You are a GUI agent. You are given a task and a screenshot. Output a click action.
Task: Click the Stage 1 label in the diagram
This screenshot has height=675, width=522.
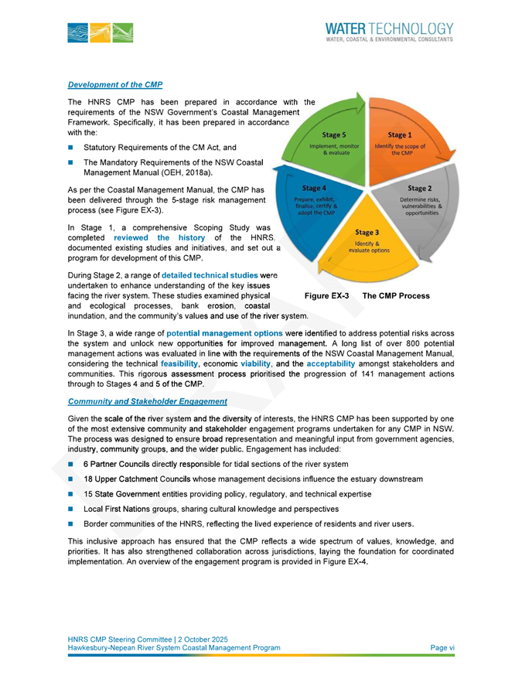(400, 135)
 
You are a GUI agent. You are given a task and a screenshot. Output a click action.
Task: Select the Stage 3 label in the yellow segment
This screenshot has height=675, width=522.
(367, 232)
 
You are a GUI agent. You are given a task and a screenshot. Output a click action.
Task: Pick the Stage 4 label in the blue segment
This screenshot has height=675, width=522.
(314, 188)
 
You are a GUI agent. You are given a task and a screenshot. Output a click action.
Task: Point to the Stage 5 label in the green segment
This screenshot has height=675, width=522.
(333, 135)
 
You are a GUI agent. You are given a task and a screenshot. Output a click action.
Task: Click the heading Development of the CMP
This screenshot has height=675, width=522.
(114, 84)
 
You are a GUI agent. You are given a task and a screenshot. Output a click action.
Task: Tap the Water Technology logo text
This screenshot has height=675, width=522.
(389, 29)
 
